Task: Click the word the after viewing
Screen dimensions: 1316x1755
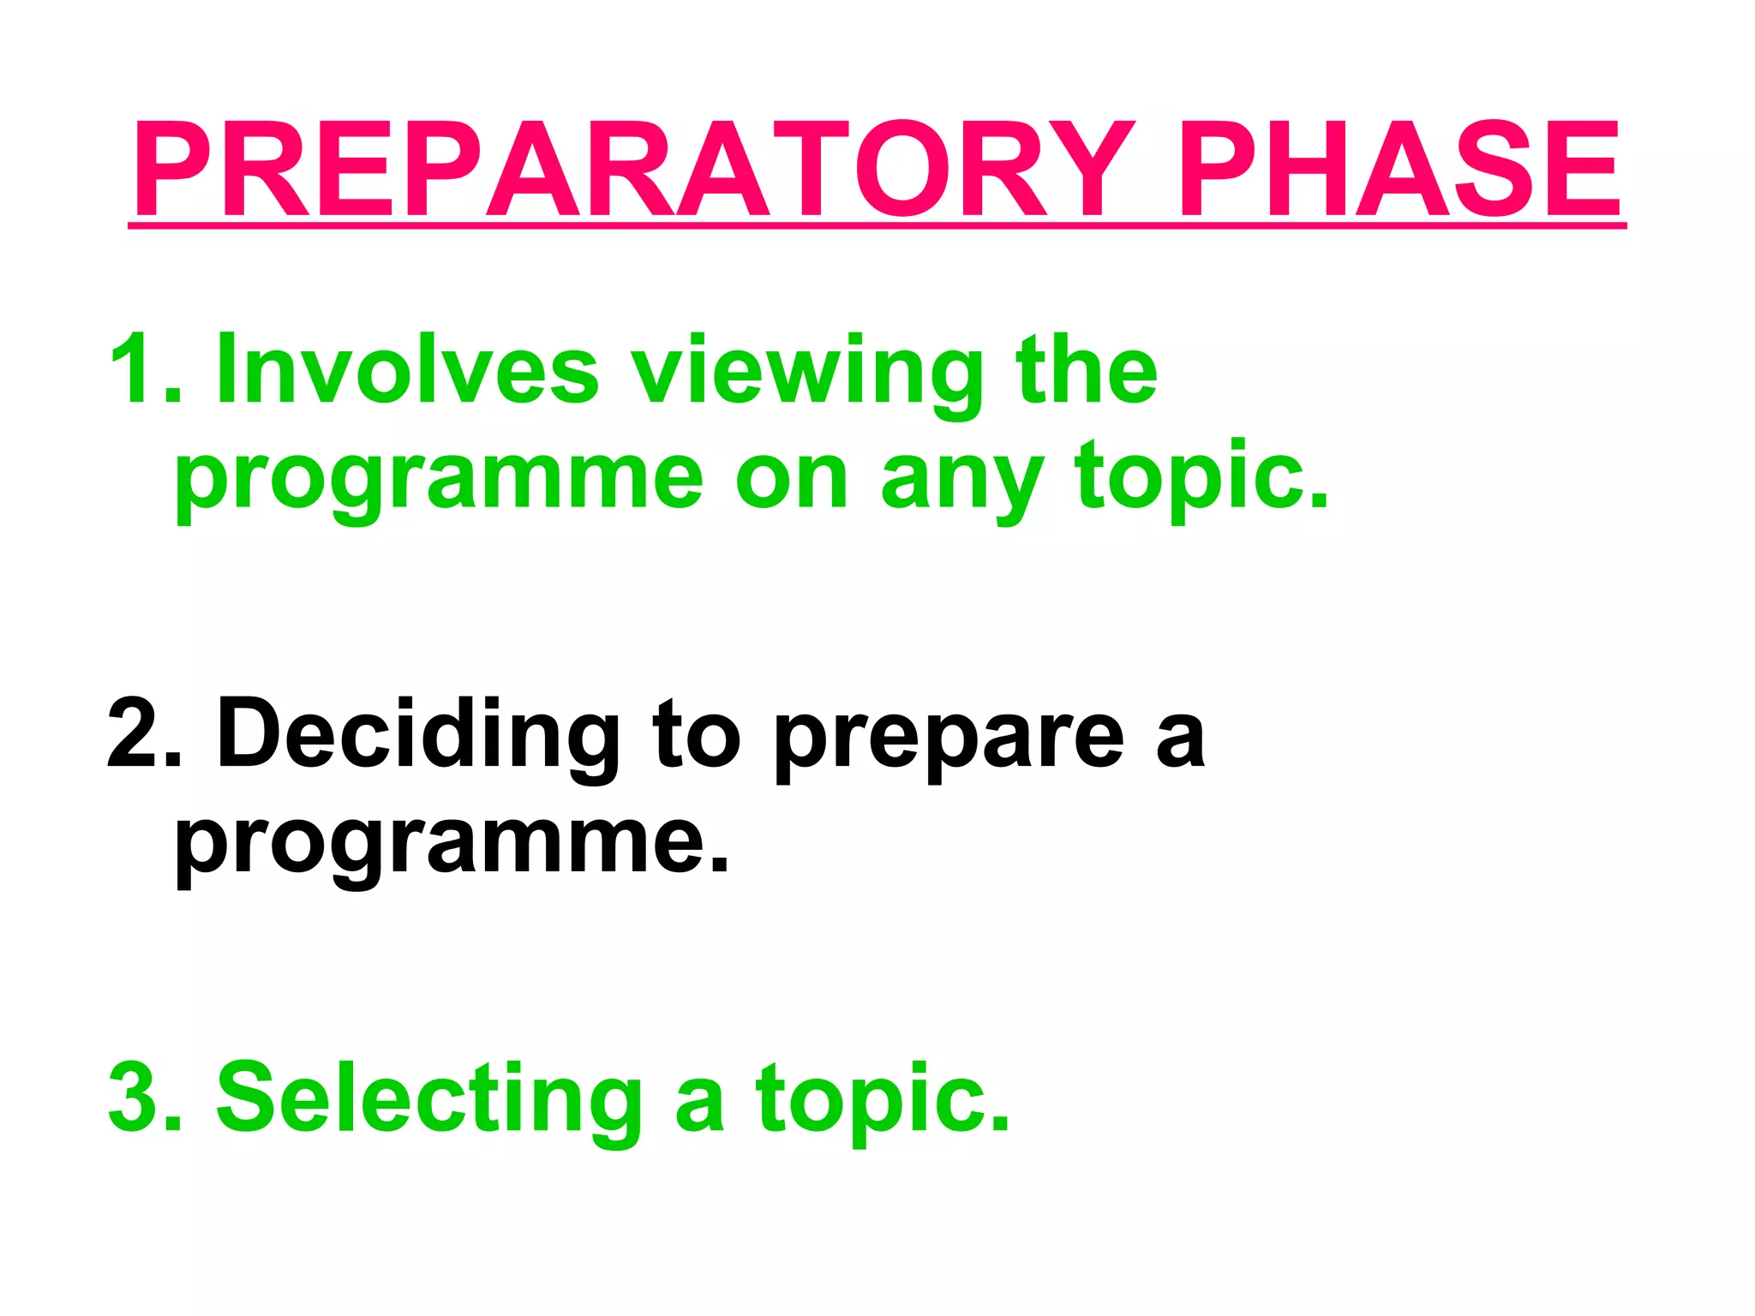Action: pos(1086,368)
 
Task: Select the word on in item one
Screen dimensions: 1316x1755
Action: pos(791,482)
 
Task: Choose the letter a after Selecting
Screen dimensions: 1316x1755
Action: pos(699,1107)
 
